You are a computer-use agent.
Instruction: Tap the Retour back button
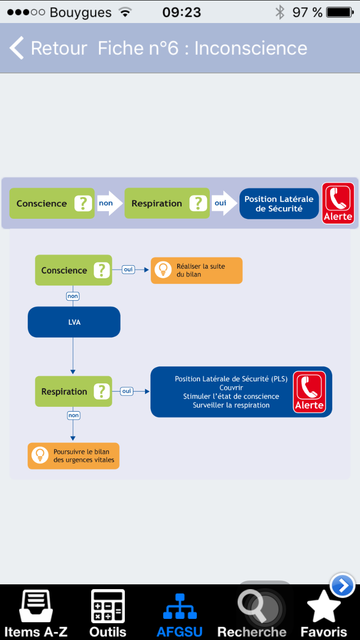point(48,48)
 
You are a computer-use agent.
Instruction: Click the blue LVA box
point(74,322)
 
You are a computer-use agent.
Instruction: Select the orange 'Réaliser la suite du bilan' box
point(196,270)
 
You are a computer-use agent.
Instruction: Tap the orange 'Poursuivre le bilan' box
point(73,456)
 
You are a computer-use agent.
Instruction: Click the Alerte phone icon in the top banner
point(338,203)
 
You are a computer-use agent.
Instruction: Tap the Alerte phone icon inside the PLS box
point(310,391)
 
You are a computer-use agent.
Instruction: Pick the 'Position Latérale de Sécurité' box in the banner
point(279,203)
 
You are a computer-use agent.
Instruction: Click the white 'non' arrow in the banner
point(110,203)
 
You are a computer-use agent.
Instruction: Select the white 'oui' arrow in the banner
point(224,203)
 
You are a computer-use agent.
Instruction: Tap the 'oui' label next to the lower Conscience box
point(128,270)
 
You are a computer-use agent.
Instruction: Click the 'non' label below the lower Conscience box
point(72,296)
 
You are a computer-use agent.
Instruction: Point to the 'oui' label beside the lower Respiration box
point(127,391)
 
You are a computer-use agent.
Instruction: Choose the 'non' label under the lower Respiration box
point(73,415)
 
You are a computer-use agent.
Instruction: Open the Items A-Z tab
point(36,613)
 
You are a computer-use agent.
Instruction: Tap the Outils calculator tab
point(108,613)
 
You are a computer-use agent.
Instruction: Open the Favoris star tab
point(324,613)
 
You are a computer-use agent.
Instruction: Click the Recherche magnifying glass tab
point(252,613)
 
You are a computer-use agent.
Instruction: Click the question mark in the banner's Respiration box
point(198,203)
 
